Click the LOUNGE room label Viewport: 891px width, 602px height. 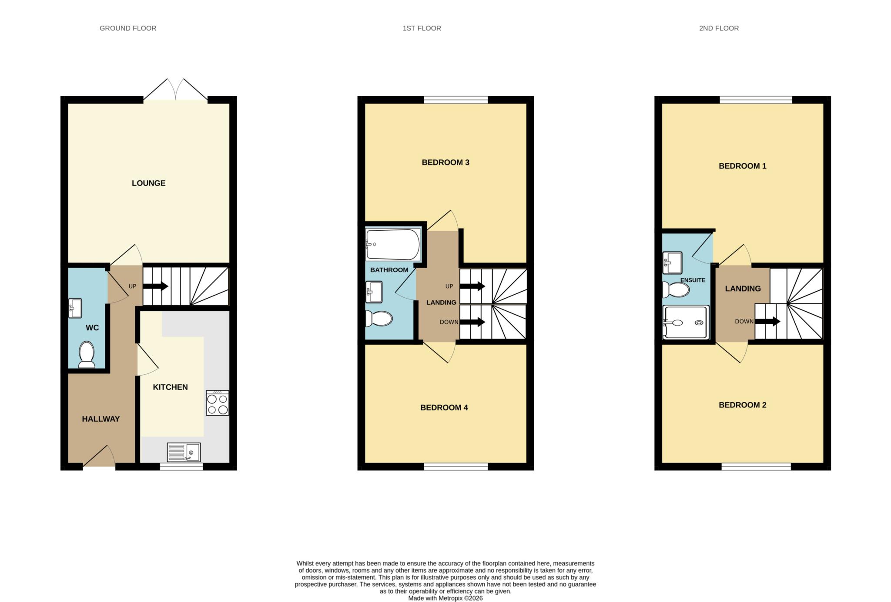[x=148, y=183]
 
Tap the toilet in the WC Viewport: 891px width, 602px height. [x=87, y=354]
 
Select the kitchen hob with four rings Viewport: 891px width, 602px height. [x=217, y=403]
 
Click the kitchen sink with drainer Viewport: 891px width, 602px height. [x=184, y=452]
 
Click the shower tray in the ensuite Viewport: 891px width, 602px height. [x=686, y=322]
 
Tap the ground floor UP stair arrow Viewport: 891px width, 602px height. [x=155, y=286]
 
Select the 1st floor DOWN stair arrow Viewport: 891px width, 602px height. [x=472, y=322]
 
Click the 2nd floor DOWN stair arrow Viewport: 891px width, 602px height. [x=767, y=322]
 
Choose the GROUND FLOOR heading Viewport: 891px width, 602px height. [x=128, y=28]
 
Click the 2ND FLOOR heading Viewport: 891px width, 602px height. [x=719, y=28]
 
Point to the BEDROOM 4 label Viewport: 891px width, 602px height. [x=444, y=408]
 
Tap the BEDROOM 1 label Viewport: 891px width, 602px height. [x=742, y=166]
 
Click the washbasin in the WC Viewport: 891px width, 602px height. [x=75, y=308]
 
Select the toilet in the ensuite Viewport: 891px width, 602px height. [x=676, y=289]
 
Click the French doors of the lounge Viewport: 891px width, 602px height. [x=175, y=90]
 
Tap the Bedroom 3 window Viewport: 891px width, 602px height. [x=456, y=100]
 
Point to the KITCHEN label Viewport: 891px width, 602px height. [x=170, y=387]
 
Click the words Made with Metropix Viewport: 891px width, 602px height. [x=435, y=599]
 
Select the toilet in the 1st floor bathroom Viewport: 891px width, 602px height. [x=379, y=319]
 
